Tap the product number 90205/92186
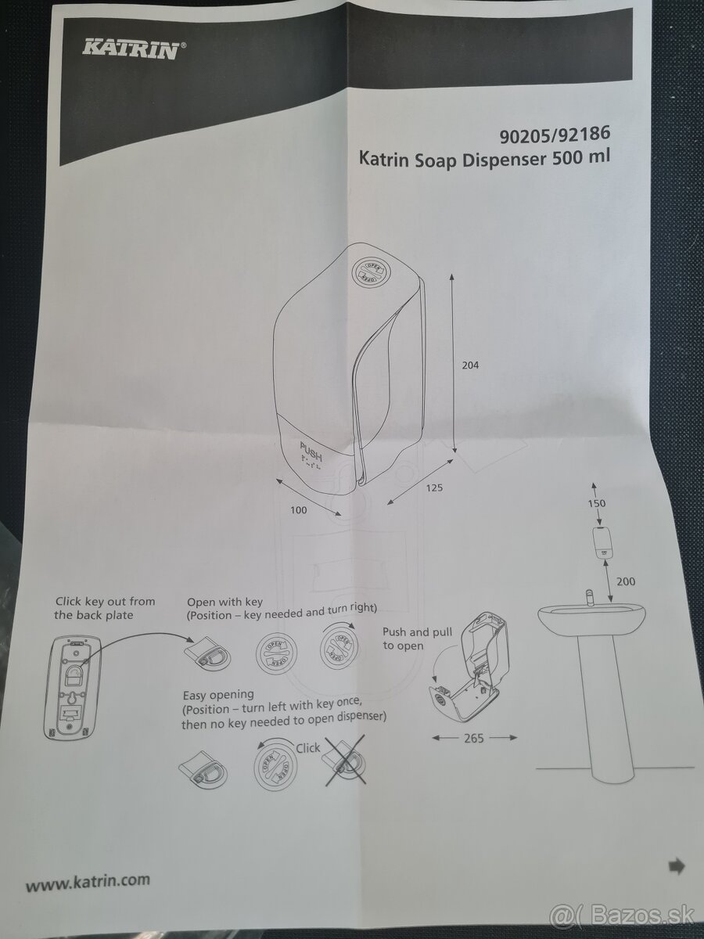[x=555, y=135]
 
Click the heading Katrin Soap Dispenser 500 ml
[x=484, y=159]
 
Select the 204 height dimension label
[x=470, y=365]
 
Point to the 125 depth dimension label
[x=434, y=487]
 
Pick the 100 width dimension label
[x=298, y=510]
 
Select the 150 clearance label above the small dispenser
[x=596, y=503]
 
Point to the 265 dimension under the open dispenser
[x=474, y=738]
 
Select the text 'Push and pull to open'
[x=417, y=639]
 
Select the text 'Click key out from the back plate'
[x=105, y=608]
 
